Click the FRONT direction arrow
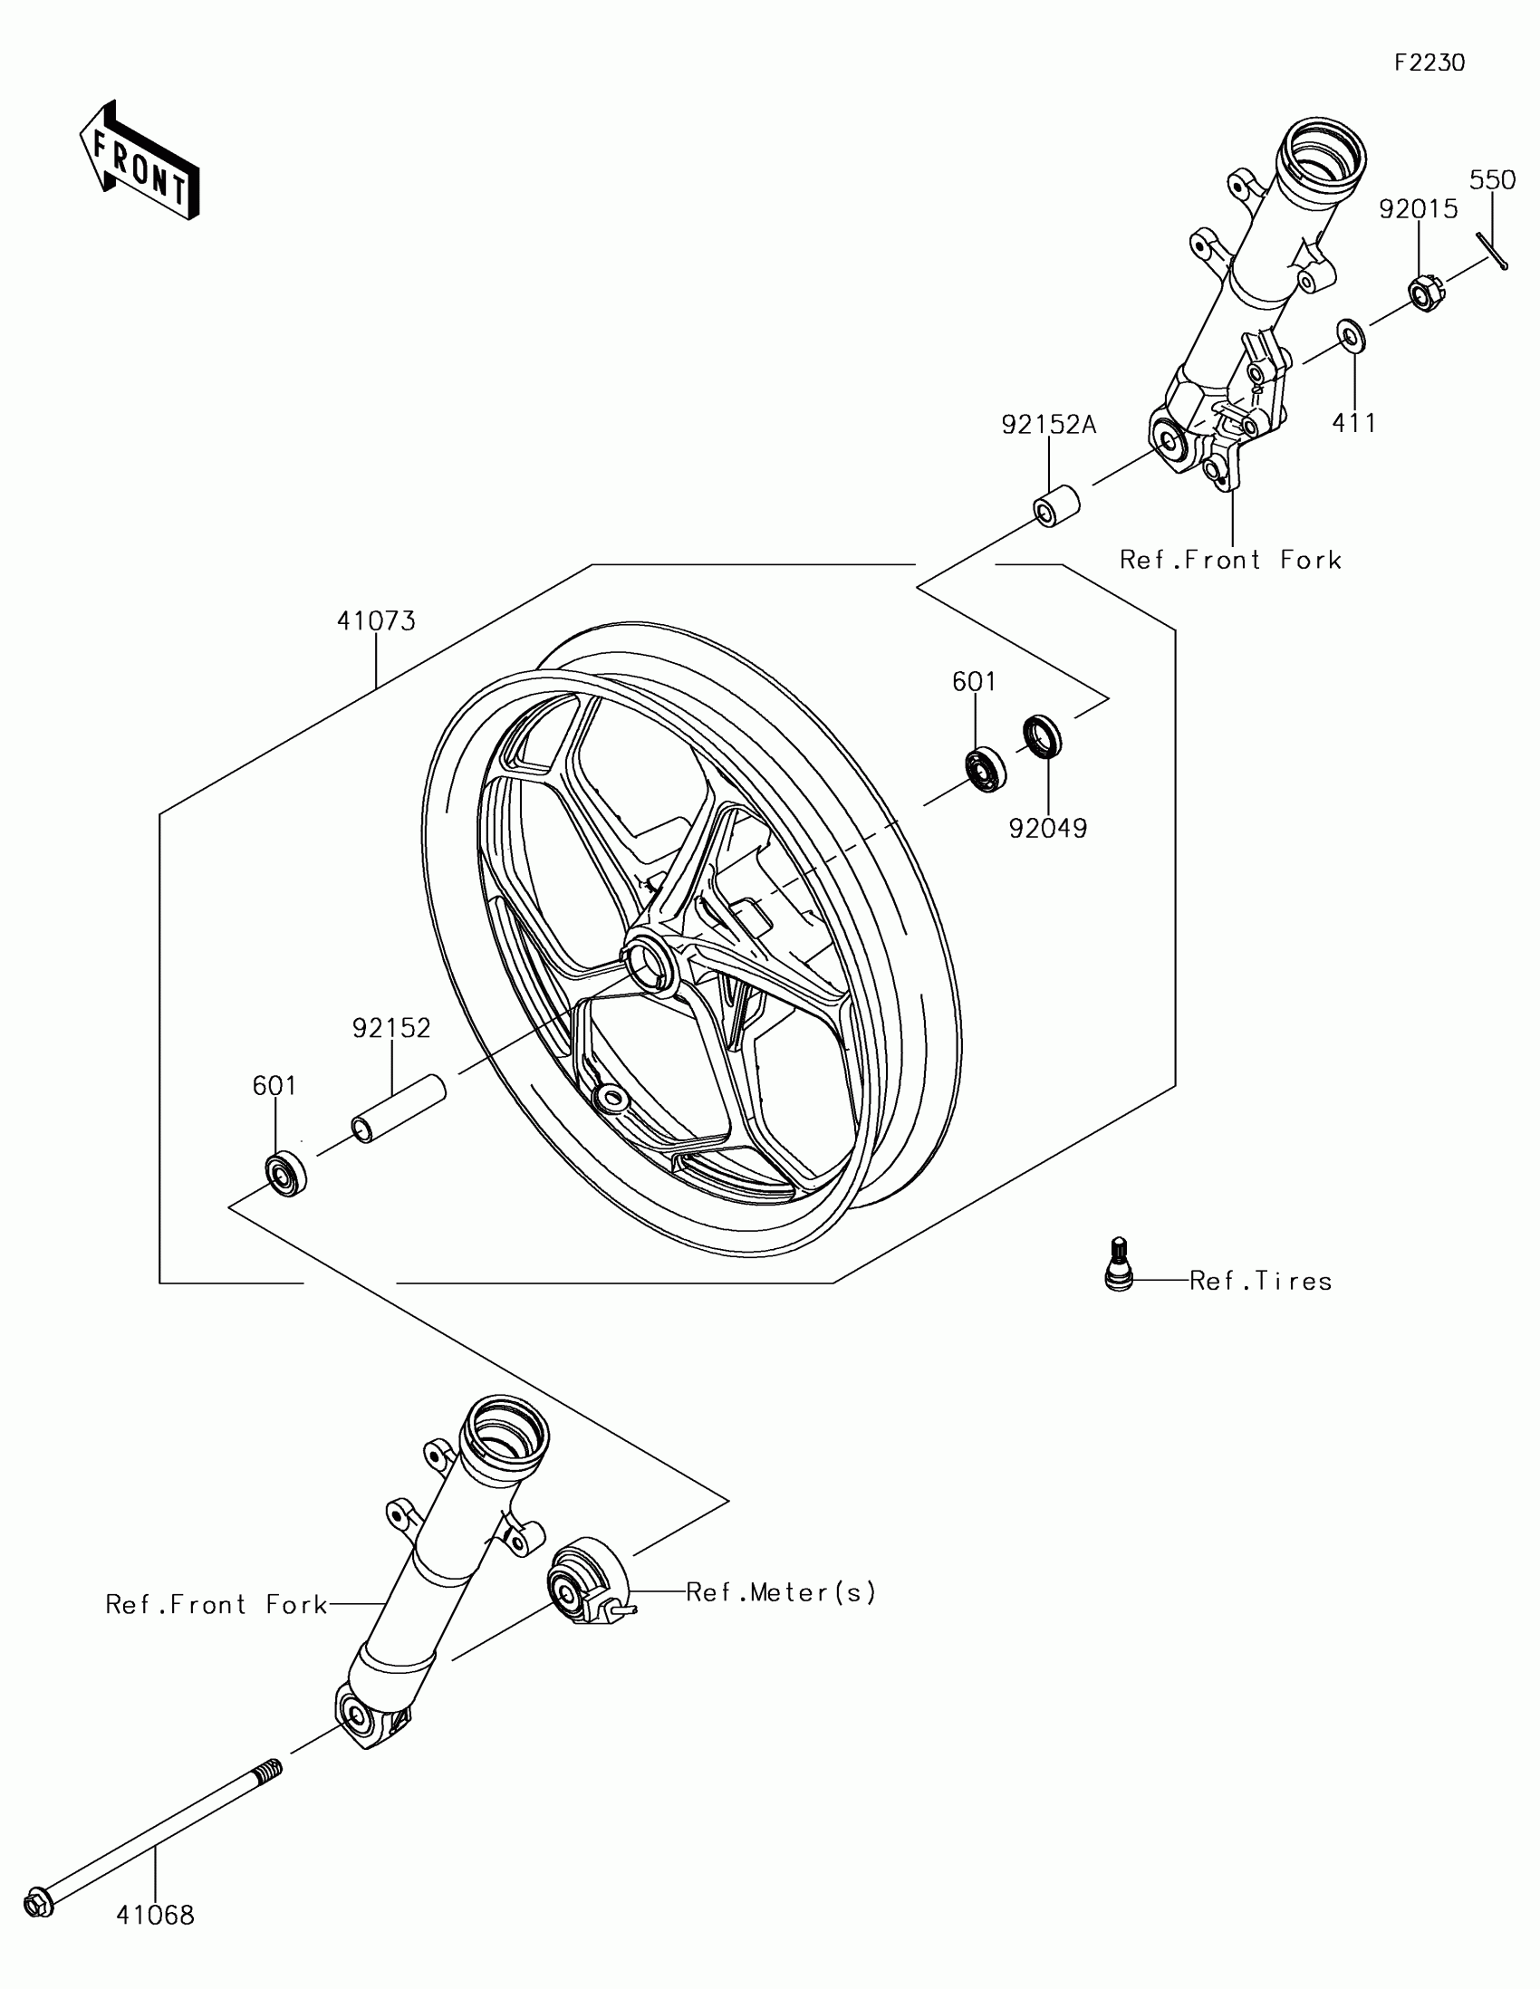pyautogui.click(x=140, y=160)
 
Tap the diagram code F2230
pyautogui.click(x=1429, y=62)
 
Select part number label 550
pyautogui.click(x=1492, y=180)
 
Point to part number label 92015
pyautogui.click(x=1418, y=209)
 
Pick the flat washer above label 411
pyautogui.click(x=1351, y=335)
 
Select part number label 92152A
pyautogui.click(x=1049, y=425)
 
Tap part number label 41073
pyautogui.click(x=376, y=621)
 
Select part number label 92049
pyautogui.click(x=1048, y=828)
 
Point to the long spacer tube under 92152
pyautogui.click(x=398, y=1109)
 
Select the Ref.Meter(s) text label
pyautogui.click(x=781, y=1592)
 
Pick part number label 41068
pyautogui.click(x=156, y=1916)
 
